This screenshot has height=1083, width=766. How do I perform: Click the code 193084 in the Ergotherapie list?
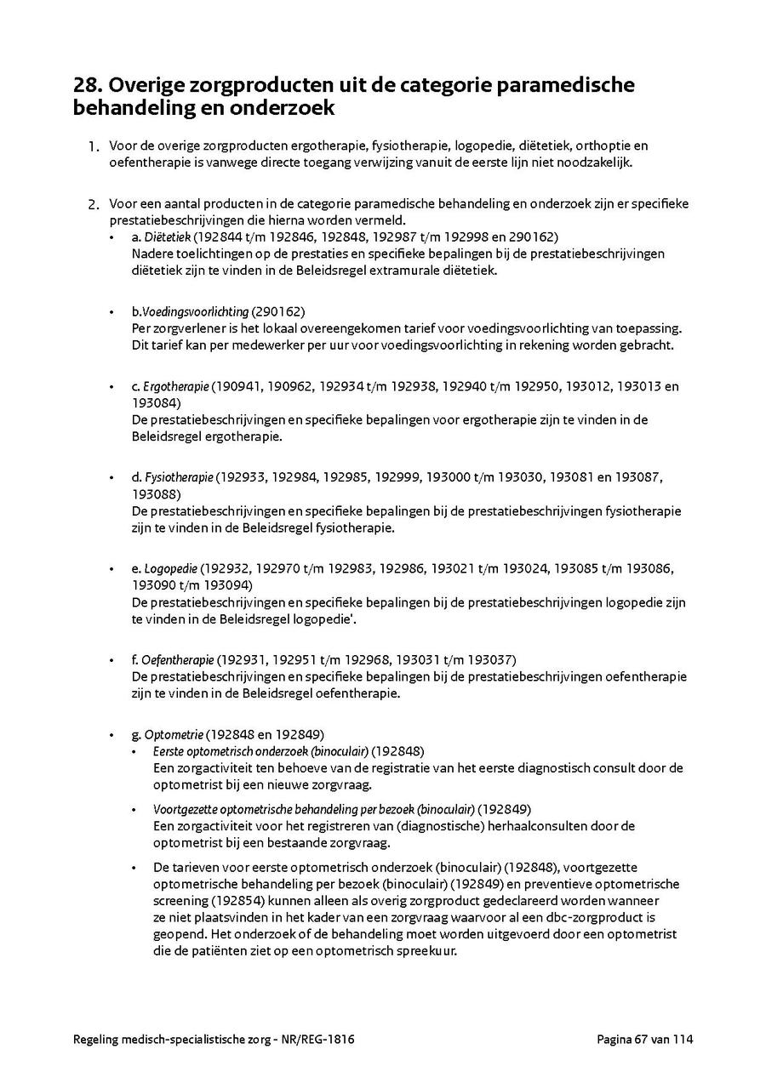150,402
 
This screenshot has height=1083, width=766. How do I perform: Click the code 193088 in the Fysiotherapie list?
150,493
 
